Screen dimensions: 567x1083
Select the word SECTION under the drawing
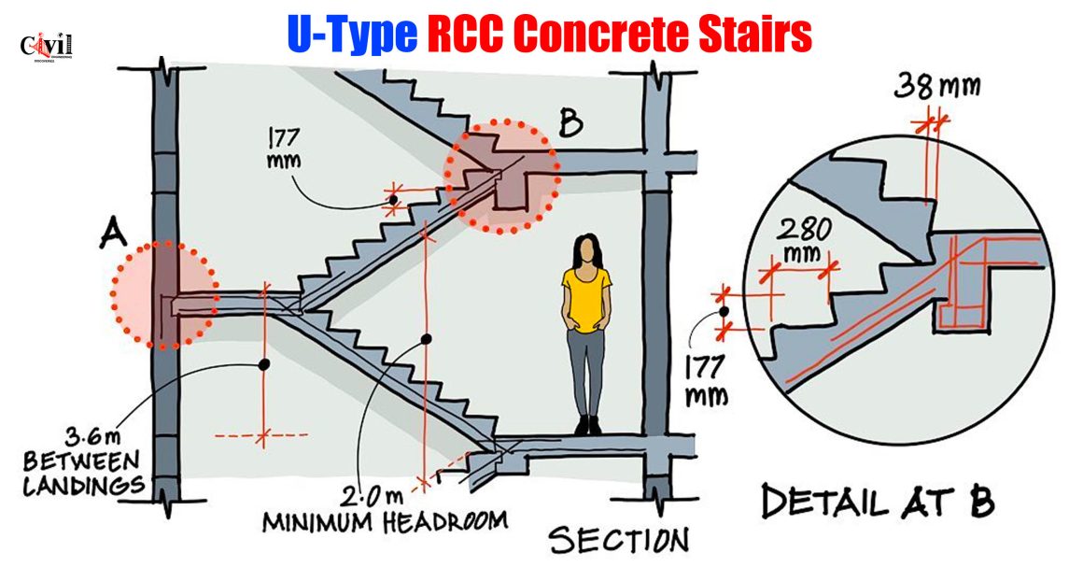click(x=618, y=539)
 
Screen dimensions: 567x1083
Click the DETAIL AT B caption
click(x=878, y=502)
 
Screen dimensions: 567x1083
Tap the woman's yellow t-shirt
click(x=586, y=297)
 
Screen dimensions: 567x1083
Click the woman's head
click(x=586, y=249)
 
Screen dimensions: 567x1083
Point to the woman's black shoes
click(x=587, y=425)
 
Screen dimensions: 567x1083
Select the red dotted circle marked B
click(x=502, y=177)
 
